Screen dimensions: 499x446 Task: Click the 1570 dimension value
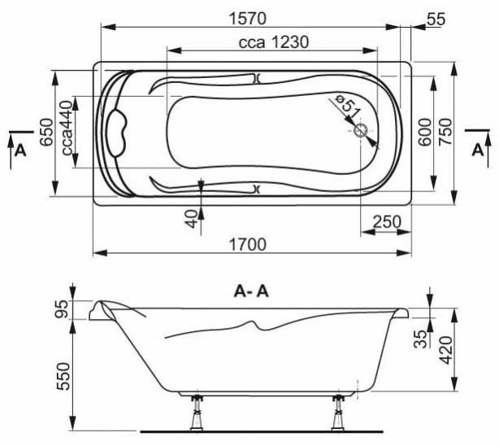point(247,19)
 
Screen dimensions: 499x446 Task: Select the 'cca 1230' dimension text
point(274,42)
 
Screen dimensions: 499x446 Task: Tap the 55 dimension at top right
point(436,20)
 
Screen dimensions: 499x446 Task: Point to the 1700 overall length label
point(247,245)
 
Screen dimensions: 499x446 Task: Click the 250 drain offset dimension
point(387,222)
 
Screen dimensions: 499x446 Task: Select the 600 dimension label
point(425,132)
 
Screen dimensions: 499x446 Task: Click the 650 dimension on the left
point(46,132)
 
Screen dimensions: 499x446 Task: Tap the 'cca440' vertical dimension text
point(67,128)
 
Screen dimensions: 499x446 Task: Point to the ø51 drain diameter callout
point(347,107)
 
